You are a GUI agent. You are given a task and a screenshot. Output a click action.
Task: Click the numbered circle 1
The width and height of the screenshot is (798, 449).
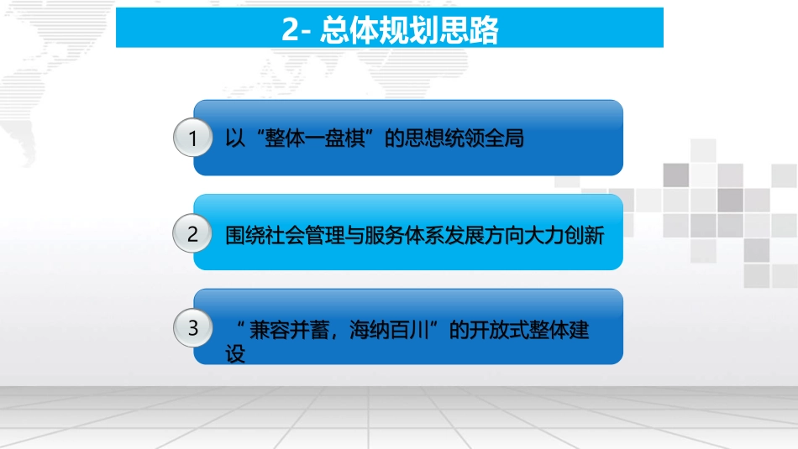(x=193, y=138)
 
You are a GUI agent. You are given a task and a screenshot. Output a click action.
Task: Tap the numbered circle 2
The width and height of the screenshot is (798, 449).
(x=193, y=234)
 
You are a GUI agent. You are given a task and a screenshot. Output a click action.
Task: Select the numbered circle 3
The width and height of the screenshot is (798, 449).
(x=193, y=328)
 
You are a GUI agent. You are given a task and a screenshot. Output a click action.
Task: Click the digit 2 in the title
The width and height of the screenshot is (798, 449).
(x=290, y=32)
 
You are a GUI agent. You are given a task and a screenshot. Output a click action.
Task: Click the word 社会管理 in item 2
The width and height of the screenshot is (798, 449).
(x=307, y=236)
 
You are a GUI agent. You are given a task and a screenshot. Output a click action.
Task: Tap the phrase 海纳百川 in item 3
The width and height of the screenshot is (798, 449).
(x=386, y=330)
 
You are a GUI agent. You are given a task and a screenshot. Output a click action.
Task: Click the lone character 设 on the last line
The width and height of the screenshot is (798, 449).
(x=236, y=354)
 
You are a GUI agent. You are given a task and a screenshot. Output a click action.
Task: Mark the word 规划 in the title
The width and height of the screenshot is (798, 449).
(x=407, y=32)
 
